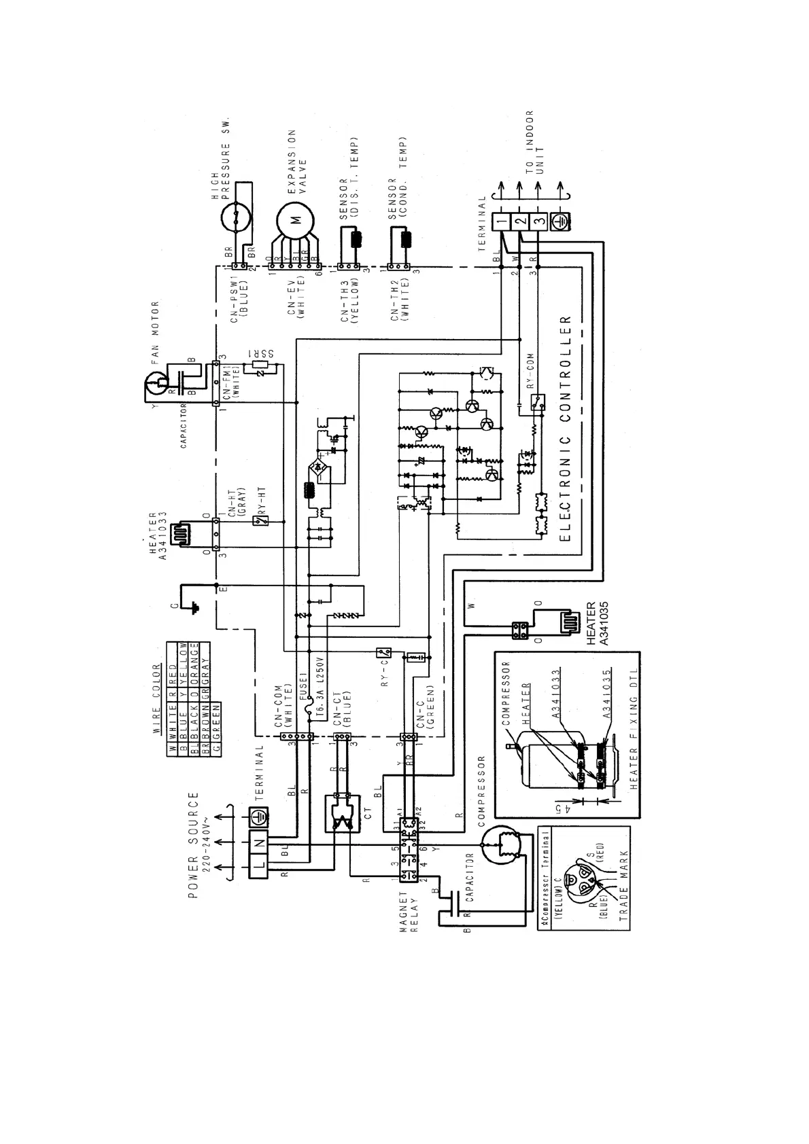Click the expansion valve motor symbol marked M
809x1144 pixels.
click(295, 219)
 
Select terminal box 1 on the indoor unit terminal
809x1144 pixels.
click(500, 221)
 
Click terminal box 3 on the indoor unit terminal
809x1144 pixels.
click(538, 221)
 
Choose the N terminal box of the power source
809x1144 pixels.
click(259, 842)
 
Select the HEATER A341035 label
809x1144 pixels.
click(596, 622)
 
